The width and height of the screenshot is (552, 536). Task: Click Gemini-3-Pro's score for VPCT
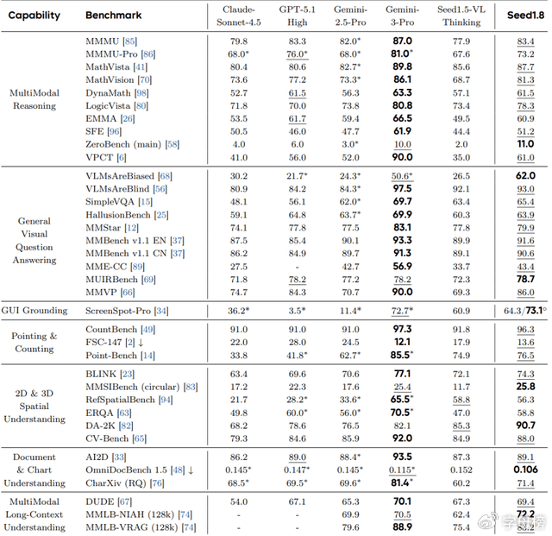pyautogui.click(x=402, y=157)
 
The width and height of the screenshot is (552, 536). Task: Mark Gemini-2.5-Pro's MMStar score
pyautogui.click(x=350, y=227)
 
